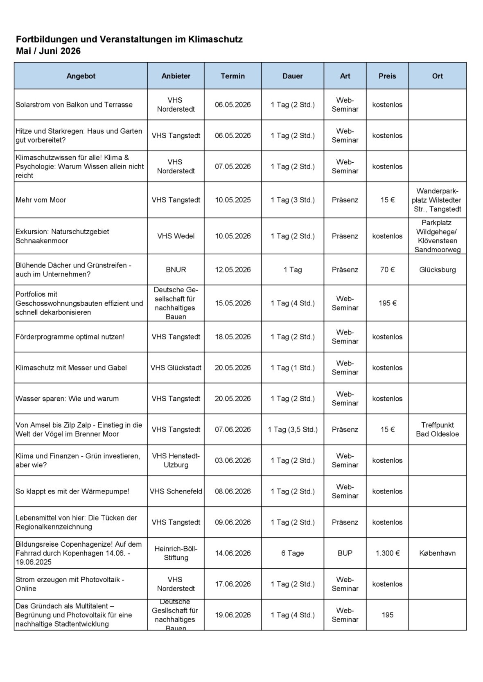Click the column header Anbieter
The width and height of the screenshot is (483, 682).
click(x=176, y=76)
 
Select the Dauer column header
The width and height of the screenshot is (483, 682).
click(x=292, y=76)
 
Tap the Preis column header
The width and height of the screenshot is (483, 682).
click(x=387, y=76)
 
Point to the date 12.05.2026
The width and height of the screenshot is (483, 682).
click(x=232, y=270)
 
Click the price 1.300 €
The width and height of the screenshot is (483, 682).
click(x=387, y=553)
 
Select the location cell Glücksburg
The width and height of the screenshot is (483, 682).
click(x=437, y=270)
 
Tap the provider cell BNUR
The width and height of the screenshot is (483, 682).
click(x=176, y=270)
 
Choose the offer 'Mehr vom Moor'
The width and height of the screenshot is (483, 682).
click(x=41, y=200)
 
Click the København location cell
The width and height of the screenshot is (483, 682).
click(x=437, y=553)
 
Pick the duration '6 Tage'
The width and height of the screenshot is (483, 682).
click(x=292, y=553)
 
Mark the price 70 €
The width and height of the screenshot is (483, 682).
click(x=387, y=270)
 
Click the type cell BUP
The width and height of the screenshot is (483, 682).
click(x=345, y=553)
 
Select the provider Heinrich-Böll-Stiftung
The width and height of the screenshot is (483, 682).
click(x=176, y=553)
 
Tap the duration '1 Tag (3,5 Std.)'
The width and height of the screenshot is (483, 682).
click(x=292, y=430)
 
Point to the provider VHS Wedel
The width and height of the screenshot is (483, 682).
click(x=176, y=236)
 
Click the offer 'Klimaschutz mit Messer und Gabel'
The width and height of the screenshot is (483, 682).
click(x=71, y=368)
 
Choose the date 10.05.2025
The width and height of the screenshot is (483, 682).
click(x=232, y=200)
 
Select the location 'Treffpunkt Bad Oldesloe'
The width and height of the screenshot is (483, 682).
click(x=437, y=430)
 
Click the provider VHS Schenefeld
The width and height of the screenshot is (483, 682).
click(x=176, y=491)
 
